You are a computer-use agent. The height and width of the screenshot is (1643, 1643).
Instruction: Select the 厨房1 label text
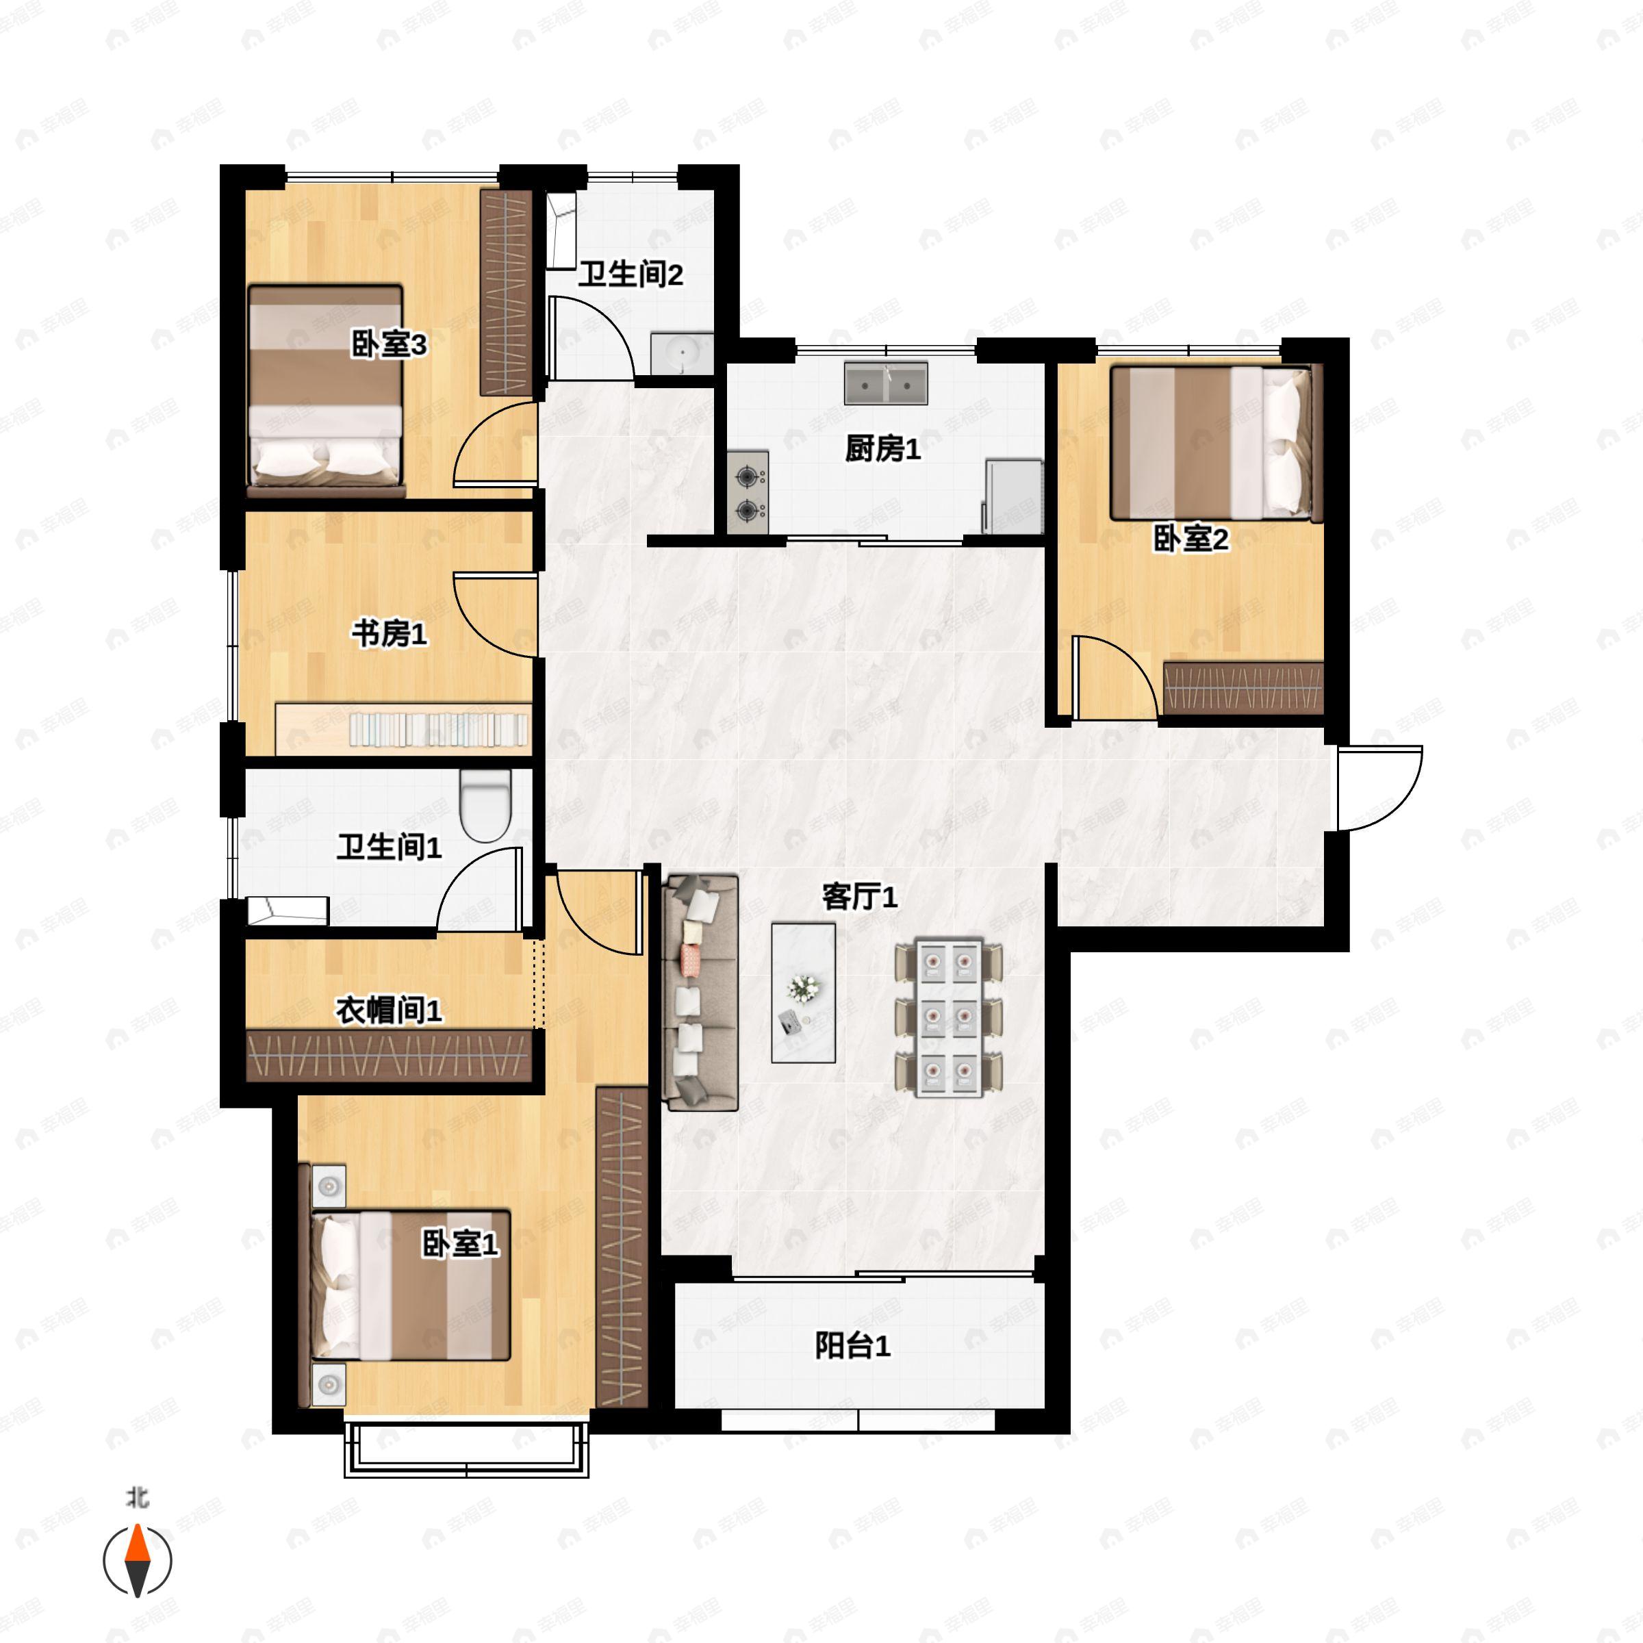pyautogui.click(x=882, y=449)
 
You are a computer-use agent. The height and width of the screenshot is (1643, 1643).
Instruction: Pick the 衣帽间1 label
pyautogui.click(x=389, y=1010)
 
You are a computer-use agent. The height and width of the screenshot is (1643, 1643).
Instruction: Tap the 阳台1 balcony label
pyautogui.click(x=852, y=1345)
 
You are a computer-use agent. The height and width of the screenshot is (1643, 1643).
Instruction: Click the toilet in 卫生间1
pyautogui.click(x=485, y=804)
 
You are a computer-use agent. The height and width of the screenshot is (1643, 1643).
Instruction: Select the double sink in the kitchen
pyautogui.click(x=885, y=383)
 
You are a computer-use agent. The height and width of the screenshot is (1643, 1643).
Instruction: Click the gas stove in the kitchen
pyautogui.click(x=748, y=492)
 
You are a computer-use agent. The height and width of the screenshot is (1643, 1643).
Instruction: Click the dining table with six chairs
pyautogui.click(x=948, y=1018)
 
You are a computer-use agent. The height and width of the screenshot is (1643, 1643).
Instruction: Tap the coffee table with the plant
pyautogui.click(x=803, y=993)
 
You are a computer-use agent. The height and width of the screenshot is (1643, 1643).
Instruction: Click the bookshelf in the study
pyautogui.click(x=403, y=729)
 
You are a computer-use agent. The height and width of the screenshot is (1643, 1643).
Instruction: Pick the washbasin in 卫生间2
pyautogui.click(x=681, y=354)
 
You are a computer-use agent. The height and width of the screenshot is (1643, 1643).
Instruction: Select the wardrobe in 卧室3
pyautogui.click(x=506, y=292)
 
